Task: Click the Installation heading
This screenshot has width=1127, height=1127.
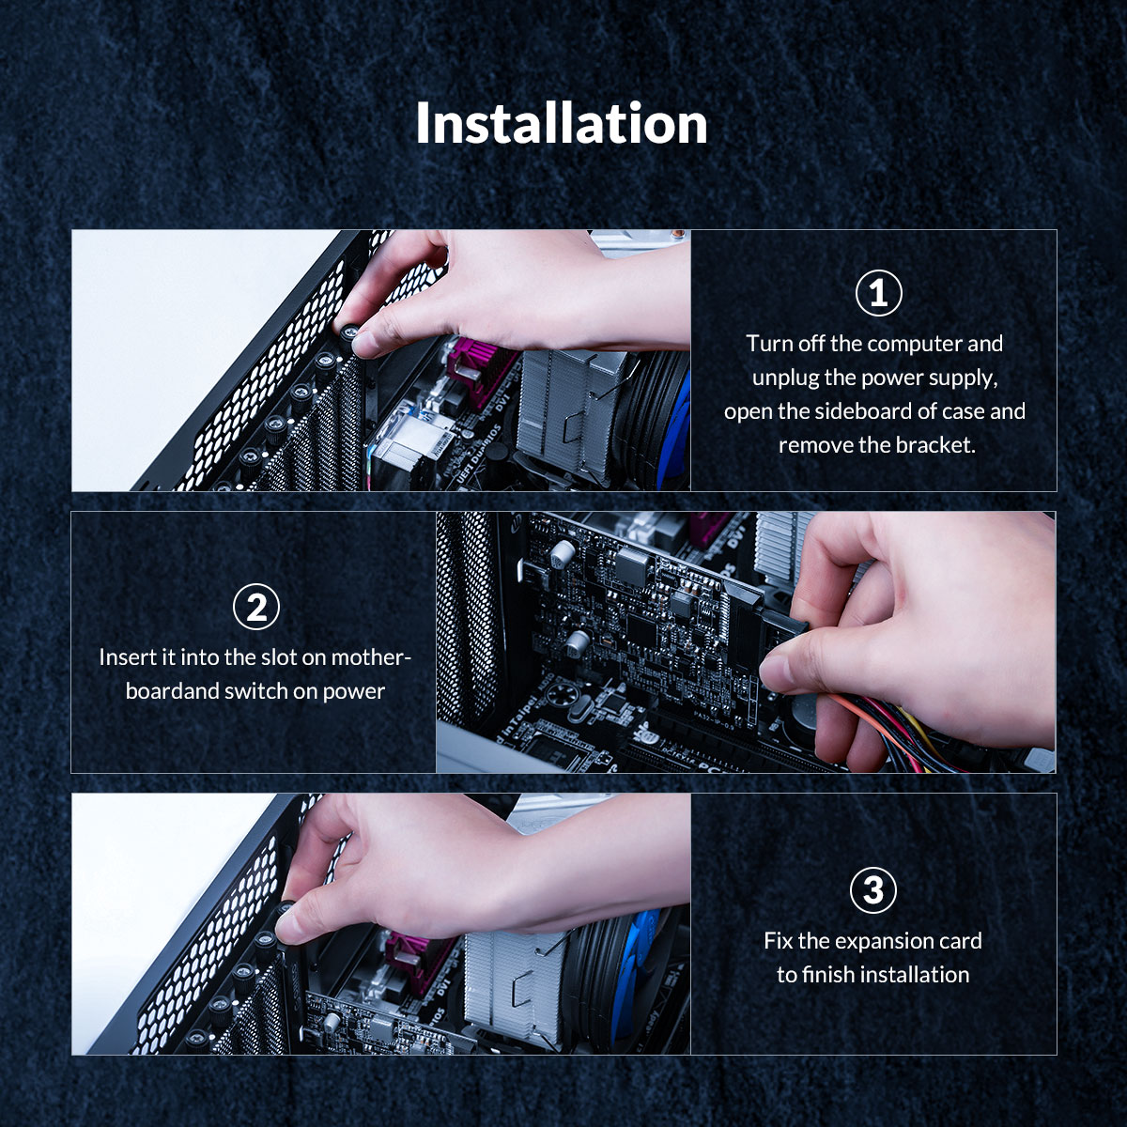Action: click(562, 124)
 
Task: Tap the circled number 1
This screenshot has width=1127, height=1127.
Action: click(878, 294)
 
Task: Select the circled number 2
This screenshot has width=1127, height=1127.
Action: click(255, 608)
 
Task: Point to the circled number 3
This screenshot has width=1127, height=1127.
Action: click(872, 889)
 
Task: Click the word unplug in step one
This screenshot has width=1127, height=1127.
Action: click(786, 378)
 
